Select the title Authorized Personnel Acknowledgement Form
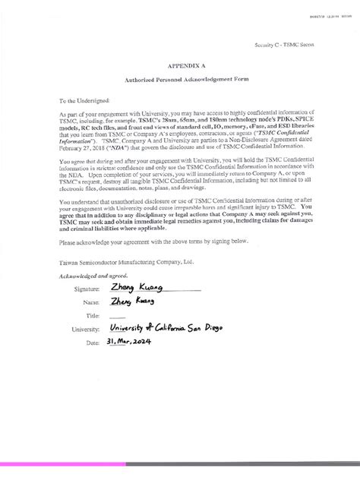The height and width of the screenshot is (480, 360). [186, 79]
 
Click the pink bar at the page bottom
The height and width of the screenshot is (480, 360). [180, 462]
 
